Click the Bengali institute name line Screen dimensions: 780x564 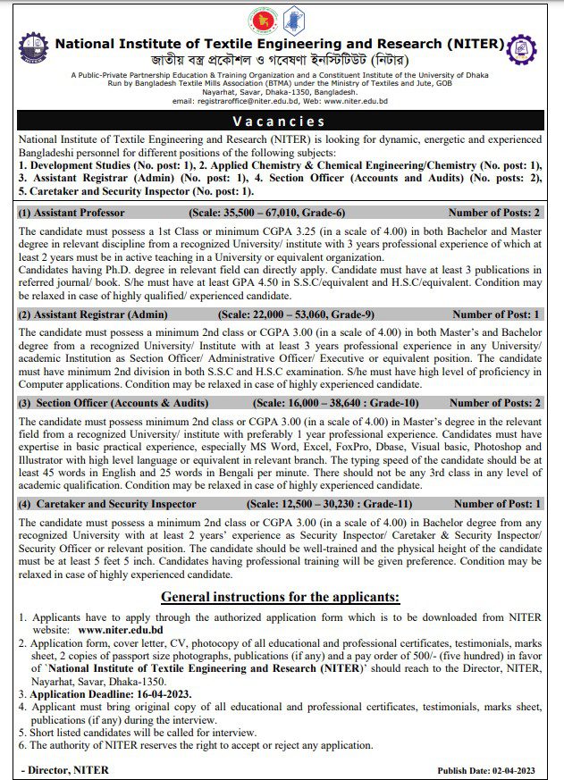tap(280, 61)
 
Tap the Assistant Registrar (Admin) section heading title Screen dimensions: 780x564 tap(93, 315)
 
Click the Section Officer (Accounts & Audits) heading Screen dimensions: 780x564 tap(114, 403)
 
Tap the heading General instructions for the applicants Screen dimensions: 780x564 tap(280, 597)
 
